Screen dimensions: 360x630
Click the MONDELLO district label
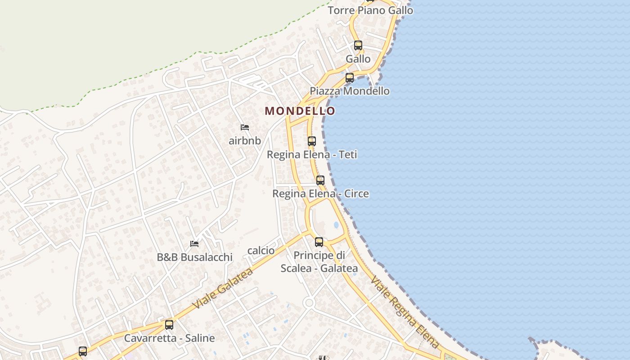(x=300, y=111)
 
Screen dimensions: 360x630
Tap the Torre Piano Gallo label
(x=370, y=10)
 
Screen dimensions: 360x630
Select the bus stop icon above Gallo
(x=358, y=45)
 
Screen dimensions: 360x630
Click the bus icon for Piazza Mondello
(x=350, y=77)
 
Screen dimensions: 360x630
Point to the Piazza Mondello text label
(x=350, y=91)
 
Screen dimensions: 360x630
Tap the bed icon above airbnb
(x=245, y=127)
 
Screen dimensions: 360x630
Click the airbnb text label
(x=245, y=141)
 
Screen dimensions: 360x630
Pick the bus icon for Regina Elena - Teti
(x=312, y=141)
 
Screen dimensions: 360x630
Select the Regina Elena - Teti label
(x=312, y=155)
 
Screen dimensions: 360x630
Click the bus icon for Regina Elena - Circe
(x=320, y=180)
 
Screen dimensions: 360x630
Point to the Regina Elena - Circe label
(x=320, y=194)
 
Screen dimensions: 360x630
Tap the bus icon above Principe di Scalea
(x=319, y=242)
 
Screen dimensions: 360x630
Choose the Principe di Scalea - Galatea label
(x=319, y=262)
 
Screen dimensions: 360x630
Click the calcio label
(x=261, y=251)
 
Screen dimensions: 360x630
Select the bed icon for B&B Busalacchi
(x=194, y=243)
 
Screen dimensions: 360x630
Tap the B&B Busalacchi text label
(x=194, y=257)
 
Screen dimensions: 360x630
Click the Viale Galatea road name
(x=222, y=288)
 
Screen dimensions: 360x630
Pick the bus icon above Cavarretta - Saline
(x=169, y=324)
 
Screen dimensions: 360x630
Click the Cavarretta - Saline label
(x=169, y=338)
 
